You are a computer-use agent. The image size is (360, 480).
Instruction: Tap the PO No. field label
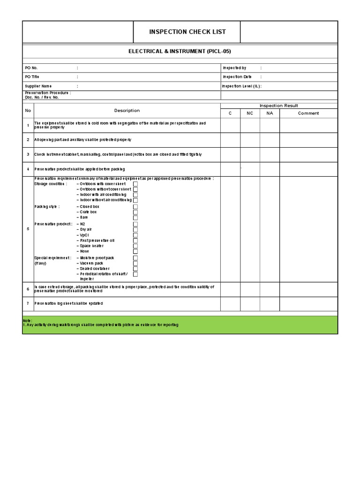tap(31, 68)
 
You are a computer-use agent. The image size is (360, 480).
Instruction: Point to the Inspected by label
tap(234, 68)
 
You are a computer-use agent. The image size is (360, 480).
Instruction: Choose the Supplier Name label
tap(38, 86)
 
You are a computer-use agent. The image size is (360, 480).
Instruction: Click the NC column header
tap(250, 113)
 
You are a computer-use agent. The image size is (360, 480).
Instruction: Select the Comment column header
tap(308, 113)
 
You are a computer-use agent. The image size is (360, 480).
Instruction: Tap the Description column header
tap(127, 111)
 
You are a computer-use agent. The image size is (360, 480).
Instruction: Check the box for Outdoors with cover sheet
tap(135, 184)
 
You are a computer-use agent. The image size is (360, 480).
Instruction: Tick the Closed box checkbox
tap(135, 206)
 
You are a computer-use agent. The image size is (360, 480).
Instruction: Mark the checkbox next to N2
tap(135, 224)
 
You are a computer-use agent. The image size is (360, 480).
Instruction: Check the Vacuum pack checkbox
tap(135, 263)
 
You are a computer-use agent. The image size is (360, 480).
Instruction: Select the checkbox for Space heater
tap(135, 246)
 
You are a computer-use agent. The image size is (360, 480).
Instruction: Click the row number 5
tap(28, 229)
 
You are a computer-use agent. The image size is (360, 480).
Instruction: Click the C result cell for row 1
tap(230, 125)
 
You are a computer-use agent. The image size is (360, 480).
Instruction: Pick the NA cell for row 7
tap(270, 303)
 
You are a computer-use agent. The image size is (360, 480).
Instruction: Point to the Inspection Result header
tap(279, 106)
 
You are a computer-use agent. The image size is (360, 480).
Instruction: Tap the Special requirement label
tap(52, 258)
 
